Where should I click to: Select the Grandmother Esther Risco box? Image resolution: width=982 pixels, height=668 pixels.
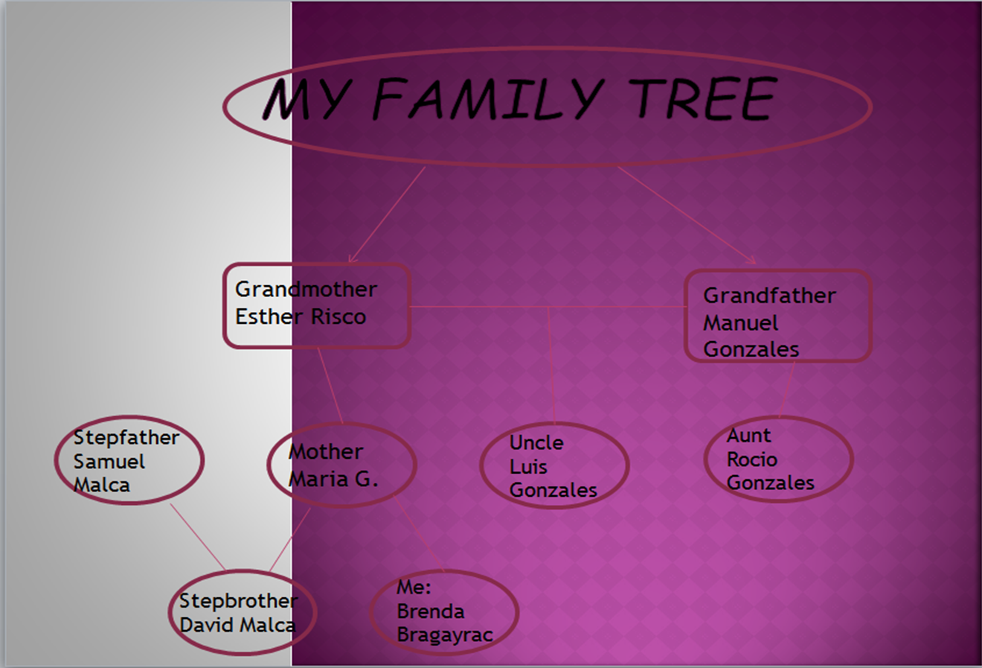[x=316, y=305]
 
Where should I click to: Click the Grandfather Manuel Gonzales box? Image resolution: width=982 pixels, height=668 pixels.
[x=777, y=316]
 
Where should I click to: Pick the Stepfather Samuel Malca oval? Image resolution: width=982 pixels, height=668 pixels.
[x=129, y=460]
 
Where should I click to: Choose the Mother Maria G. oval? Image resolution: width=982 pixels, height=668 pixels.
[x=341, y=465]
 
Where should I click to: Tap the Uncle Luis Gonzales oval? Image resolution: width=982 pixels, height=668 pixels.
[x=554, y=466]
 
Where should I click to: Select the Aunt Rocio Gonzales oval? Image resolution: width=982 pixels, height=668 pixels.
[x=778, y=459]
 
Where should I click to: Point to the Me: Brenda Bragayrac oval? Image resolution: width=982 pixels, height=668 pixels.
[x=444, y=612]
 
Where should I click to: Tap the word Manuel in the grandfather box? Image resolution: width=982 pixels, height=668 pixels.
[x=740, y=323]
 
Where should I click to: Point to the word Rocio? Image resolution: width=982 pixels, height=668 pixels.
[x=751, y=459]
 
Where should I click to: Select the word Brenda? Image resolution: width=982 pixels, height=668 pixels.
[x=430, y=611]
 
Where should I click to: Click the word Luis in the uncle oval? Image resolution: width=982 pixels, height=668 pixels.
[x=528, y=467]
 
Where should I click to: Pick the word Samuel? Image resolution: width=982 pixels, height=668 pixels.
[x=109, y=462]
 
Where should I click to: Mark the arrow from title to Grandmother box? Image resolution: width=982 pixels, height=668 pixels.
[x=387, y=214]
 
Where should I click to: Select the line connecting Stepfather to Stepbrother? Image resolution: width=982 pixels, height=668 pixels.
[x=197, y=537]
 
